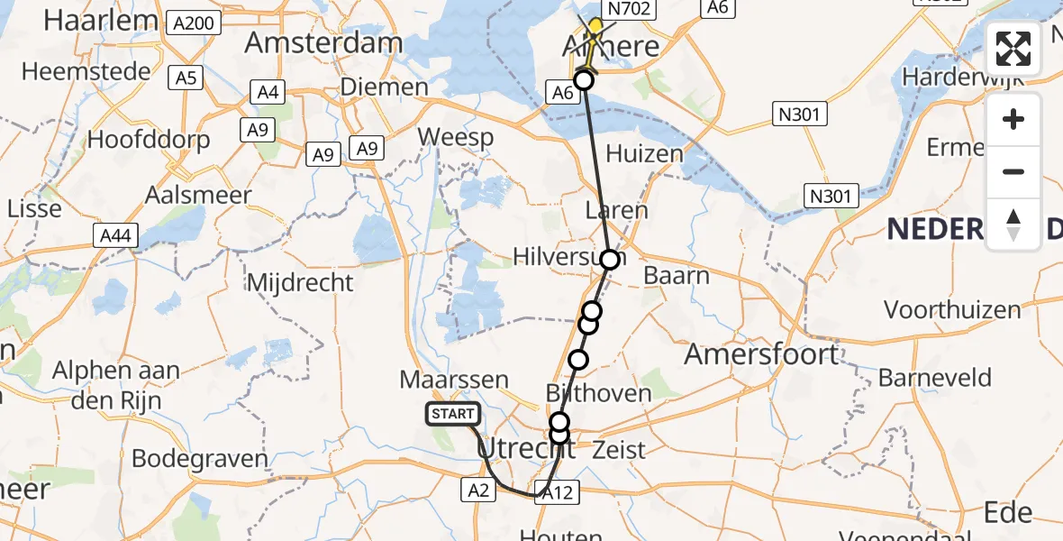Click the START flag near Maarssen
click(452, 414)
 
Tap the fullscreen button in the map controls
click(1013, 50)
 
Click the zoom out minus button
click(1013, 171)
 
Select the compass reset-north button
click(1013, 225)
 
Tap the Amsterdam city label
click(323, 43)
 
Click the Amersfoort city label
click(749, 353)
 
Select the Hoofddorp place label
click(149, 140)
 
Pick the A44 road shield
click(117, 237)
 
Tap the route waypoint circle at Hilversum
click(610, 260)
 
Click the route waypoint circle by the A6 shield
click(584, 80)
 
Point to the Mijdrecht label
click(300, 282)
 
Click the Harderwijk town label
click(959, 78)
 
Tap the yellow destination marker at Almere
click(595, 25)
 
